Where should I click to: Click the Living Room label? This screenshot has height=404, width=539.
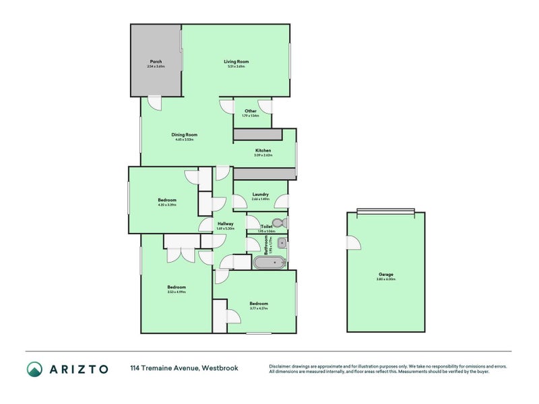click(236, 61)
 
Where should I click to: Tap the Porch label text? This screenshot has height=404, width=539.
click(156, 61)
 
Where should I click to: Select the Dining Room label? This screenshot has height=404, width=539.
click(184, 135)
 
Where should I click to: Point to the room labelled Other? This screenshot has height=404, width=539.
click(251, 111)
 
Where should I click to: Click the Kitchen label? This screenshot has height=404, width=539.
click(263, 150)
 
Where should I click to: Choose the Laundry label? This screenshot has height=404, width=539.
click(260, 194)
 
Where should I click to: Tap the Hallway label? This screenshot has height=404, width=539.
click(225, 224)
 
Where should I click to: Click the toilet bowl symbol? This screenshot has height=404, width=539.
click(282, 223)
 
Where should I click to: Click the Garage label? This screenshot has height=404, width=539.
click(386, 275)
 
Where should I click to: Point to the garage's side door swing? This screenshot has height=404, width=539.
click(353, 243)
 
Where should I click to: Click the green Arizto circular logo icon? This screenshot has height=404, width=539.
click(34, 368)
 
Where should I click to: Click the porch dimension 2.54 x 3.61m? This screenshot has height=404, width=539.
click(156, 66)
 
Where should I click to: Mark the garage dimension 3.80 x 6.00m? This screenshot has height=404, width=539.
click(386, 279)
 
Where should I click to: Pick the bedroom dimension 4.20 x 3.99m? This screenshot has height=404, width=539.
click(167, 205)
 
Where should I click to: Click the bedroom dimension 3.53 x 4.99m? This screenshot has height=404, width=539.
click(177, 292)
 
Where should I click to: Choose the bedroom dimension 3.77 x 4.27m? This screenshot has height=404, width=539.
click(258, 308)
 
